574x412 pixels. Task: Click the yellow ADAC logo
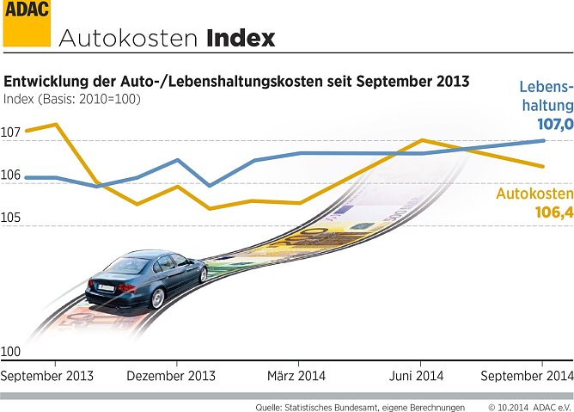click(26, 22)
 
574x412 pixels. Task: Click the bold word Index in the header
click(241, 39)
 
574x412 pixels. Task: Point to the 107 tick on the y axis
click(10, 133)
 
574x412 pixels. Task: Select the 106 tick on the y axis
click(10, 175)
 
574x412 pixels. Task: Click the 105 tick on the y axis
click(10, 218)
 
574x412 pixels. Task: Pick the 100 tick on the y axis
click(10, 351)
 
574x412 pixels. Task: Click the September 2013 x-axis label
click(47, 377)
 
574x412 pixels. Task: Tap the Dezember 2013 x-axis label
click(171, 377)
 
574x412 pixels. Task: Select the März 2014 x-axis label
click(296, 377)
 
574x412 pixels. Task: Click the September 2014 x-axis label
click(526, 377)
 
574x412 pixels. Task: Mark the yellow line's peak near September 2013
click(57, 124)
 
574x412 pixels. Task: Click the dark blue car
click(146, 279)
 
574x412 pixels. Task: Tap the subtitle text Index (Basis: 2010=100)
click(72, 99)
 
